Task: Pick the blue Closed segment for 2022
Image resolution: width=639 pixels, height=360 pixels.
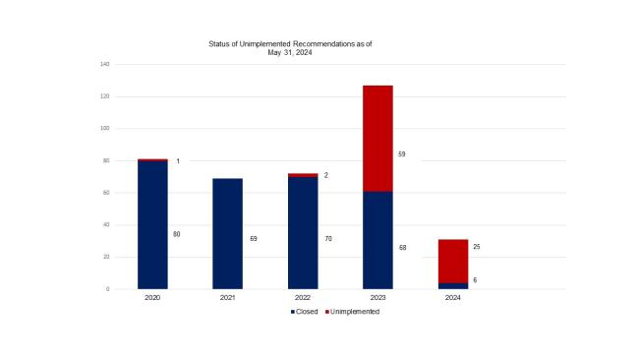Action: [x=303, y=232]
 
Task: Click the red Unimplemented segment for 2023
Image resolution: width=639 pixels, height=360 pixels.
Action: [x=378, y=138]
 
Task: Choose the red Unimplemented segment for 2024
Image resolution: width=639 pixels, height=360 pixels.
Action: [x=453, y=261]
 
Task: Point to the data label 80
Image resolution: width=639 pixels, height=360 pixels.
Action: [x=177, y=234]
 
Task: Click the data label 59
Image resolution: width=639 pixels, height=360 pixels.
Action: [x=402, y=154]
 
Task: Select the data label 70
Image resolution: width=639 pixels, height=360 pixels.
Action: [x=327, y=238]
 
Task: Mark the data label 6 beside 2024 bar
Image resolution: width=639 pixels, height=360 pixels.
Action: [x=477, y=280]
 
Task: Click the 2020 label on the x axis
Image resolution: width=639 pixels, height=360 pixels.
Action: [x=152, y=297]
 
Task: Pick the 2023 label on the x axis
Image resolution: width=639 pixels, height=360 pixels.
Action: [x=378, y=297]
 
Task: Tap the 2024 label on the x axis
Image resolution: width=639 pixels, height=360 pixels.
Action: [x=453, y=297]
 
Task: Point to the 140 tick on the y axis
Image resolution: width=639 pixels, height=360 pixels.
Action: [x=104, y=64]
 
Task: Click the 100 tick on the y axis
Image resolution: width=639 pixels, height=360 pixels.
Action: [x=104, y=129]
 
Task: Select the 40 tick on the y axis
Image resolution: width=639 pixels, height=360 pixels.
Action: [x=106, y=225]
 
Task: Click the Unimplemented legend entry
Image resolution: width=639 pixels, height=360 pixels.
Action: [x=352, y=312]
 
